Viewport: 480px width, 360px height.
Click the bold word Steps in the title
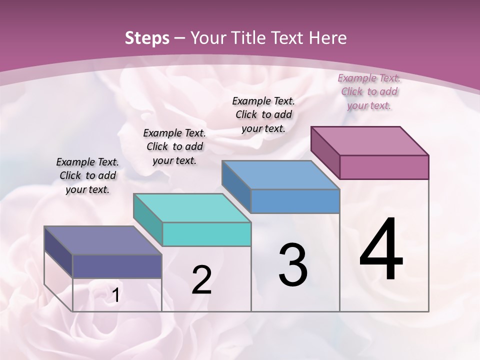click(147, 38)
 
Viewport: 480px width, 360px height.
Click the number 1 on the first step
click(115, 295)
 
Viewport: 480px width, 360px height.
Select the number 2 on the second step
click(201, 280)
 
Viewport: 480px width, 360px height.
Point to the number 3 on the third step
click(293, 265)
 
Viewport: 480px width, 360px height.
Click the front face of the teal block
click(206, 234)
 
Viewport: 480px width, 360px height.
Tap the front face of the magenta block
click(384, 167)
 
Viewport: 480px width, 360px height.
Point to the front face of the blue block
click(295, 201)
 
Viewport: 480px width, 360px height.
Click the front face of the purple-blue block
click(117, 266)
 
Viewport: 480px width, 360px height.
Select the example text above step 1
click(87, 175)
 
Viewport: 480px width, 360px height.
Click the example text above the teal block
click(174, 146)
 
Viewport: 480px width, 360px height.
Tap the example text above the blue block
click(263, 114)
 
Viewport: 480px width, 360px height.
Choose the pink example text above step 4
click(369, 91)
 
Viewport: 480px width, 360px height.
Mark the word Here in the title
click(328, 38)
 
